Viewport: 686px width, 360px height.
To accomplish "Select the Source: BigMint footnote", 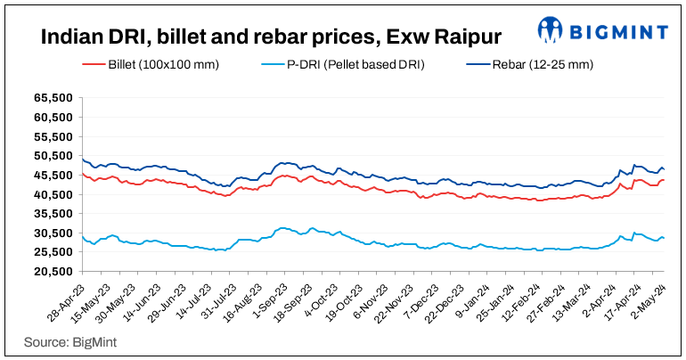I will tap(71, 341).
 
